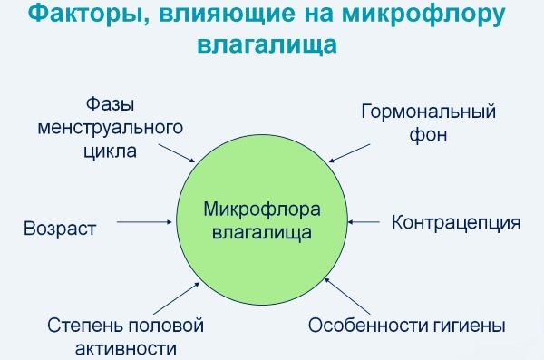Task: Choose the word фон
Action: pos(430,137)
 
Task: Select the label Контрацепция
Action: pos(455,223)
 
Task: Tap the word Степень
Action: pos(79,324)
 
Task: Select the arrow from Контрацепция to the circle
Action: pos(366,220)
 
